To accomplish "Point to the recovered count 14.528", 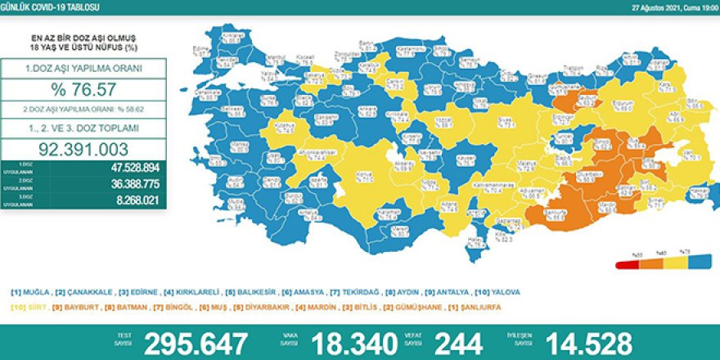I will tap(579, 341).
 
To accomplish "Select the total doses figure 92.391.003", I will tap(85, 149).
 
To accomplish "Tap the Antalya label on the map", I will tap(308, 214).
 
